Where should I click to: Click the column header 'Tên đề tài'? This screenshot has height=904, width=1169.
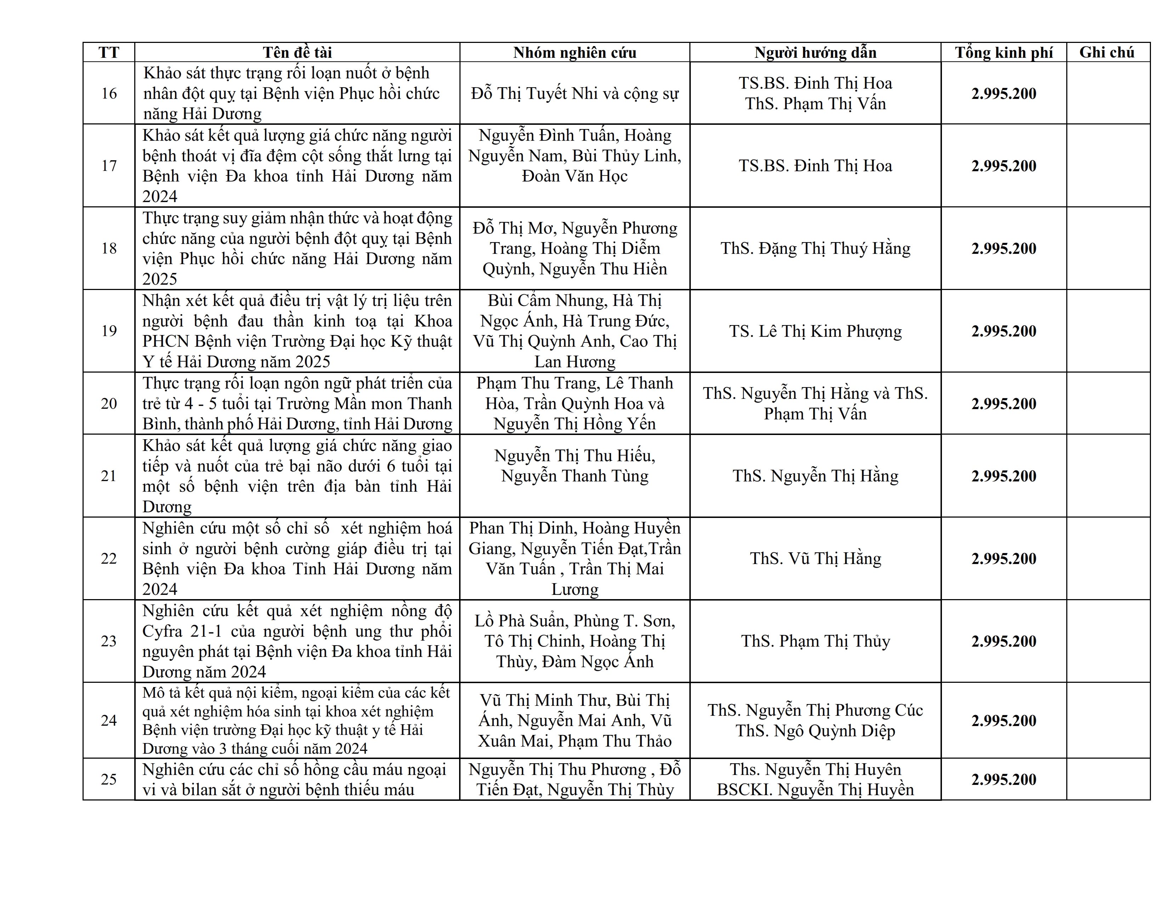click(x=297, y=52)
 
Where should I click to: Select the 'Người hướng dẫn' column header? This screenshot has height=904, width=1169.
click(x=815, y=52)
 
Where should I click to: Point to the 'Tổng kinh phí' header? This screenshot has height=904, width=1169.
click(x=1004, y=52)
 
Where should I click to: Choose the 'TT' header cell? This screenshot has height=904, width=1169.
click(x=109, y=52)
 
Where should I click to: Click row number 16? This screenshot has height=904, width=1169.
click(x=109, y=93)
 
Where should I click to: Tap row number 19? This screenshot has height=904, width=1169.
click(x=109, y=331)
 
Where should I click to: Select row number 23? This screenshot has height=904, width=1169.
click(x=109, y=641)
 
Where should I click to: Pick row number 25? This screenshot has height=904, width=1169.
click(x=109, y=779)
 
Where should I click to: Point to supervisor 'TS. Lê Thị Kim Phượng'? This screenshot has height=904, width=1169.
click(x=815, y=331)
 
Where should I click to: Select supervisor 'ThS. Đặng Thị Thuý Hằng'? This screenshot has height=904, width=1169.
click(x=815, y=249)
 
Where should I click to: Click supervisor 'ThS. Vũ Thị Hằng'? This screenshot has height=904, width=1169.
click(x=815, y=559)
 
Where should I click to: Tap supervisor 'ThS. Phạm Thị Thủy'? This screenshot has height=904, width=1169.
click(x=815, y=641)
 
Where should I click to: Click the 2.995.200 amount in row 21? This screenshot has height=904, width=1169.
click(x=1004, y=476)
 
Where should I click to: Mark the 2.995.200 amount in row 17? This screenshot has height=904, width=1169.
click(x=1004, y=166)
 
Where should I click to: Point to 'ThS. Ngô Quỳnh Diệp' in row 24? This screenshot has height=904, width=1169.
click(x=815, y=731)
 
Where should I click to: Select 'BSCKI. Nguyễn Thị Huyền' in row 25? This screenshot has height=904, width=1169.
click(x=815, y=790)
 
